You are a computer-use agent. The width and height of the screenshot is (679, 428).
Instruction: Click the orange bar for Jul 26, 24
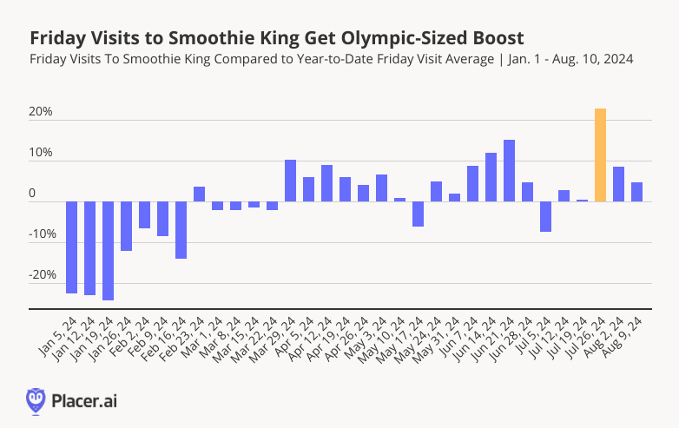pos(600,155)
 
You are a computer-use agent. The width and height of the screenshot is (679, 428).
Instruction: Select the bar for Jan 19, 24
pos(108,251)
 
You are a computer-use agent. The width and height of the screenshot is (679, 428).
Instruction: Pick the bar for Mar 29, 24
pos(290,181)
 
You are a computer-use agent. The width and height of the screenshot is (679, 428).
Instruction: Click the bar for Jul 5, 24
pos(545,217)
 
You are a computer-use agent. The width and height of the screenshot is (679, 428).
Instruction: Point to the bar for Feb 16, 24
pos(181,230)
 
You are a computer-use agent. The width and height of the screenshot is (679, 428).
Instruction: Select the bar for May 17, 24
pos(418,214)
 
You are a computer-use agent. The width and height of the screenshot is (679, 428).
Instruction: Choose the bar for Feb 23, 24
pos(199,194)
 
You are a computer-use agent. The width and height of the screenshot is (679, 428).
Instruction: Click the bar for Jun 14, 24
pos(491,177)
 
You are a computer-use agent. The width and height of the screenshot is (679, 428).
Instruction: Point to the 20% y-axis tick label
pos(42,113)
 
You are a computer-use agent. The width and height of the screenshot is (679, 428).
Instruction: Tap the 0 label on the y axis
pos(33,194)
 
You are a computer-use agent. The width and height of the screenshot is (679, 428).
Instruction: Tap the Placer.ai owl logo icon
pos(36,399)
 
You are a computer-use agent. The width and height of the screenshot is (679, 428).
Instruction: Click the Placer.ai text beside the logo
pos(85,400)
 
